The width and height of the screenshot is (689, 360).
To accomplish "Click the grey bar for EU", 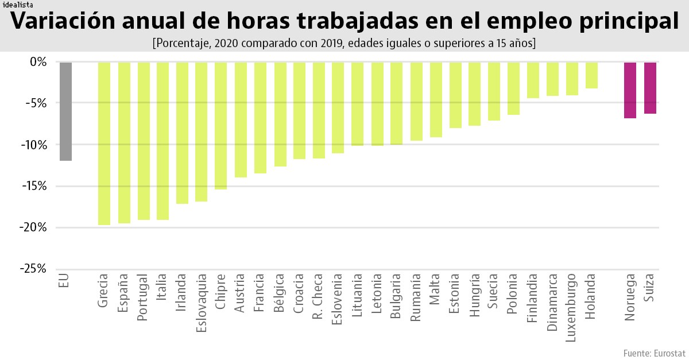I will [x=65, y=111].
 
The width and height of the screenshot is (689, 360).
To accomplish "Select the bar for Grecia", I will [x=104, y=143].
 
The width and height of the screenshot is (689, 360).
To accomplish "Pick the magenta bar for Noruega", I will [x=630, y=90].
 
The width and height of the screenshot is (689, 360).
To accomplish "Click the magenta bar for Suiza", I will [x=650, y=88].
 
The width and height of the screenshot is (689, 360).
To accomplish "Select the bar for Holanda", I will [x=591, y=75].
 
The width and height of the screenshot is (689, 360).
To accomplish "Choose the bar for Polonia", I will [x=513, y=88].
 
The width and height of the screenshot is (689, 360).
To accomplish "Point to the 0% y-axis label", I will [x=37, y=62].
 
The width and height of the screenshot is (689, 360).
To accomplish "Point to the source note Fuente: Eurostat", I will [x=654, y=352].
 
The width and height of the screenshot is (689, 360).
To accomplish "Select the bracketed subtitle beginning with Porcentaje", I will [x=344, y=43].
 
